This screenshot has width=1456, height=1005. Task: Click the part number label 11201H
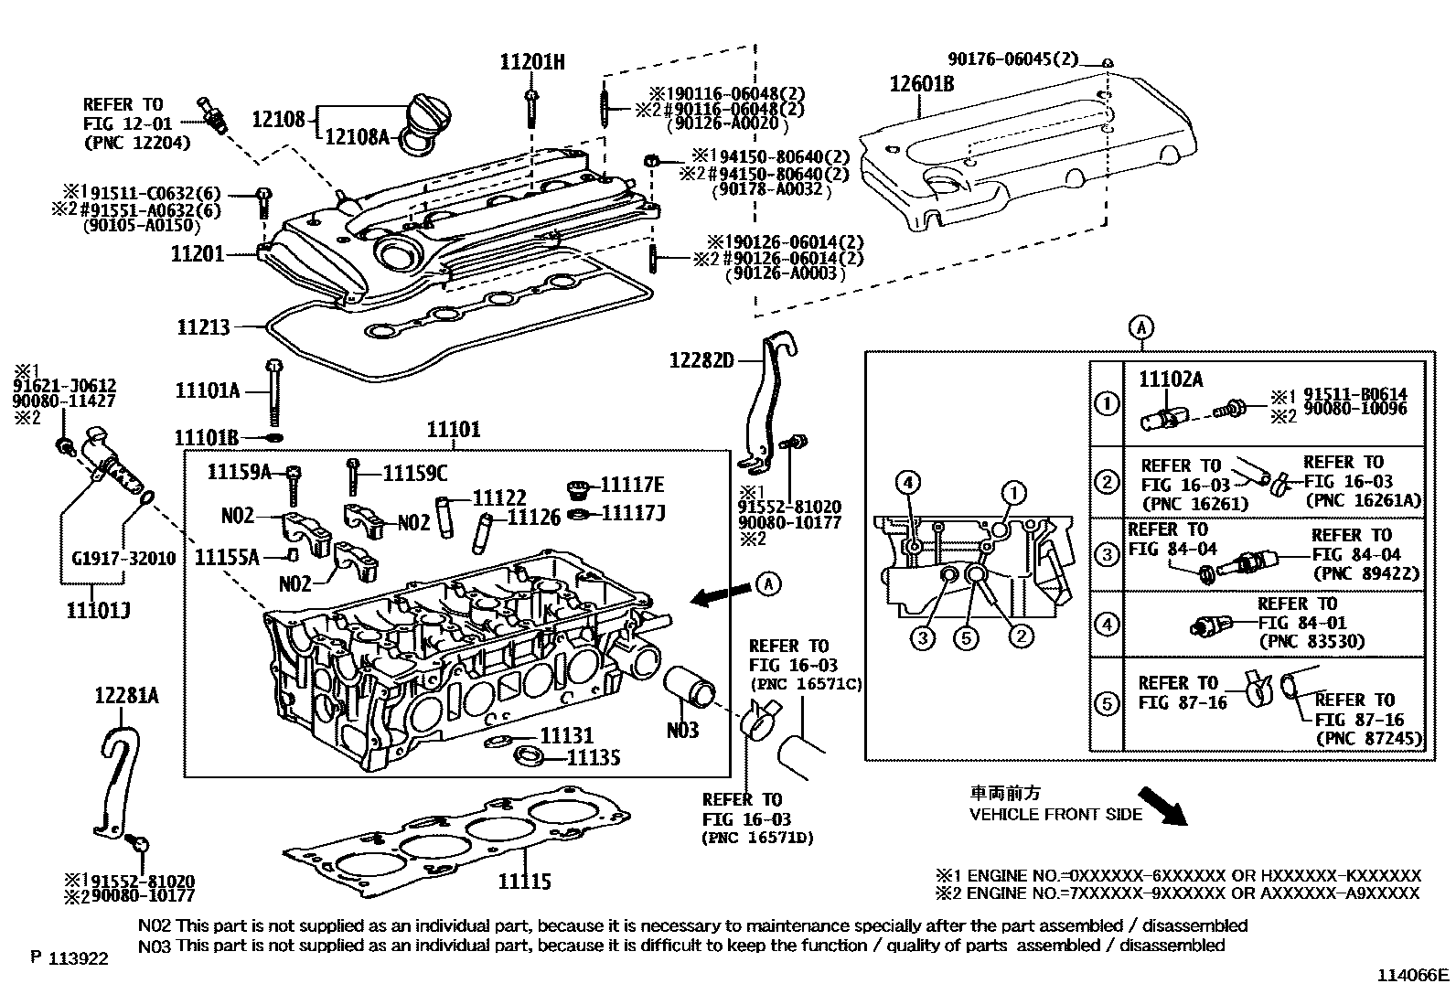click(x=532, y=62)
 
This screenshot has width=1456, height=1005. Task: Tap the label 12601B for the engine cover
click(x=923, y=85)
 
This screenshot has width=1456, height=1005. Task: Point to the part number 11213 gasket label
click(x=204, y=326)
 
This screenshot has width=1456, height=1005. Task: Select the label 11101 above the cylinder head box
click(x=455, y=430)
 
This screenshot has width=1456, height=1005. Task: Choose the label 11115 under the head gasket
click(x=525, y=882)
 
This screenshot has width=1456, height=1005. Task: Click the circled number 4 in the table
click(x=1107, y=625)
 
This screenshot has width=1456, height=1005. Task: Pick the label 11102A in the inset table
click(x=1171, y=380)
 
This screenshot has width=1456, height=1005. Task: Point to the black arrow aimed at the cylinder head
click(x=714, y=597)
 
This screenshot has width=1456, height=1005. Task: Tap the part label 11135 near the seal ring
click(x=594, y=757)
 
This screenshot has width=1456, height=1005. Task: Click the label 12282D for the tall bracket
click(x=701, y=360)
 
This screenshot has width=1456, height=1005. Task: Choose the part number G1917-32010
click(x=123, y=559)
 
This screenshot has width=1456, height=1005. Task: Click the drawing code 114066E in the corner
click(x=1414, y=975)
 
